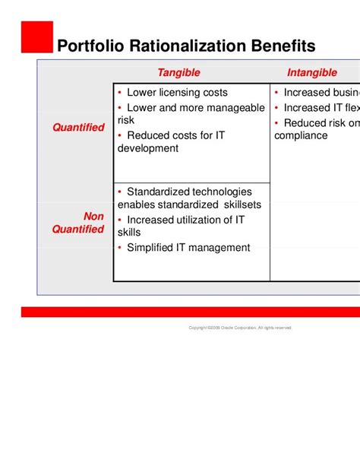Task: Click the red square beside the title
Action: tap(37, 36)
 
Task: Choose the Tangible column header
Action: tap(178, 73)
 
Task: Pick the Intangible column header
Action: tap(311, 73)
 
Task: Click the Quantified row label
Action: tap(78, 128)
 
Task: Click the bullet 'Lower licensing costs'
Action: tap(177, 94)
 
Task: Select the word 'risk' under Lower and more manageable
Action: tap(126, 121)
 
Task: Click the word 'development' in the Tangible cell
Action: tap(148, 148)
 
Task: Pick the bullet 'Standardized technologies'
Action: tap(188, 192)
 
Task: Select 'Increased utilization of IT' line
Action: tap(185, 220)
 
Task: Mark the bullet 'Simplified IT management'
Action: tap(188, 247)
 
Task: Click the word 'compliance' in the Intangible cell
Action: tap(301, 135)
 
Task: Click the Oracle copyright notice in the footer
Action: tap(240, 328)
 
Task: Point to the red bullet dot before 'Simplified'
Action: tap(120, 247)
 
